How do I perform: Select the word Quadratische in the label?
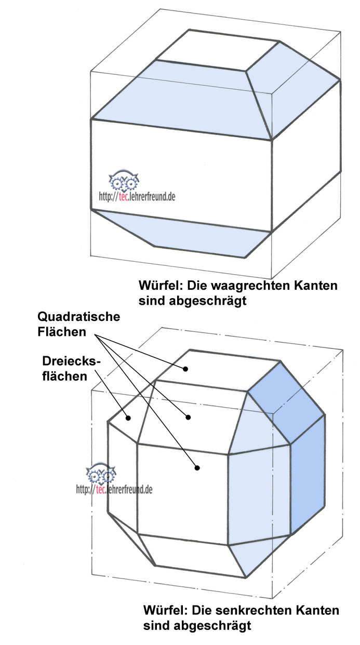(78, 317)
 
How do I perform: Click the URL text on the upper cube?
(137, 197)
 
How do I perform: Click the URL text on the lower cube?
(114, 489)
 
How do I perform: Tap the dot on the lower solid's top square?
(184, 369)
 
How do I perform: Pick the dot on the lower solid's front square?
(197, 468)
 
